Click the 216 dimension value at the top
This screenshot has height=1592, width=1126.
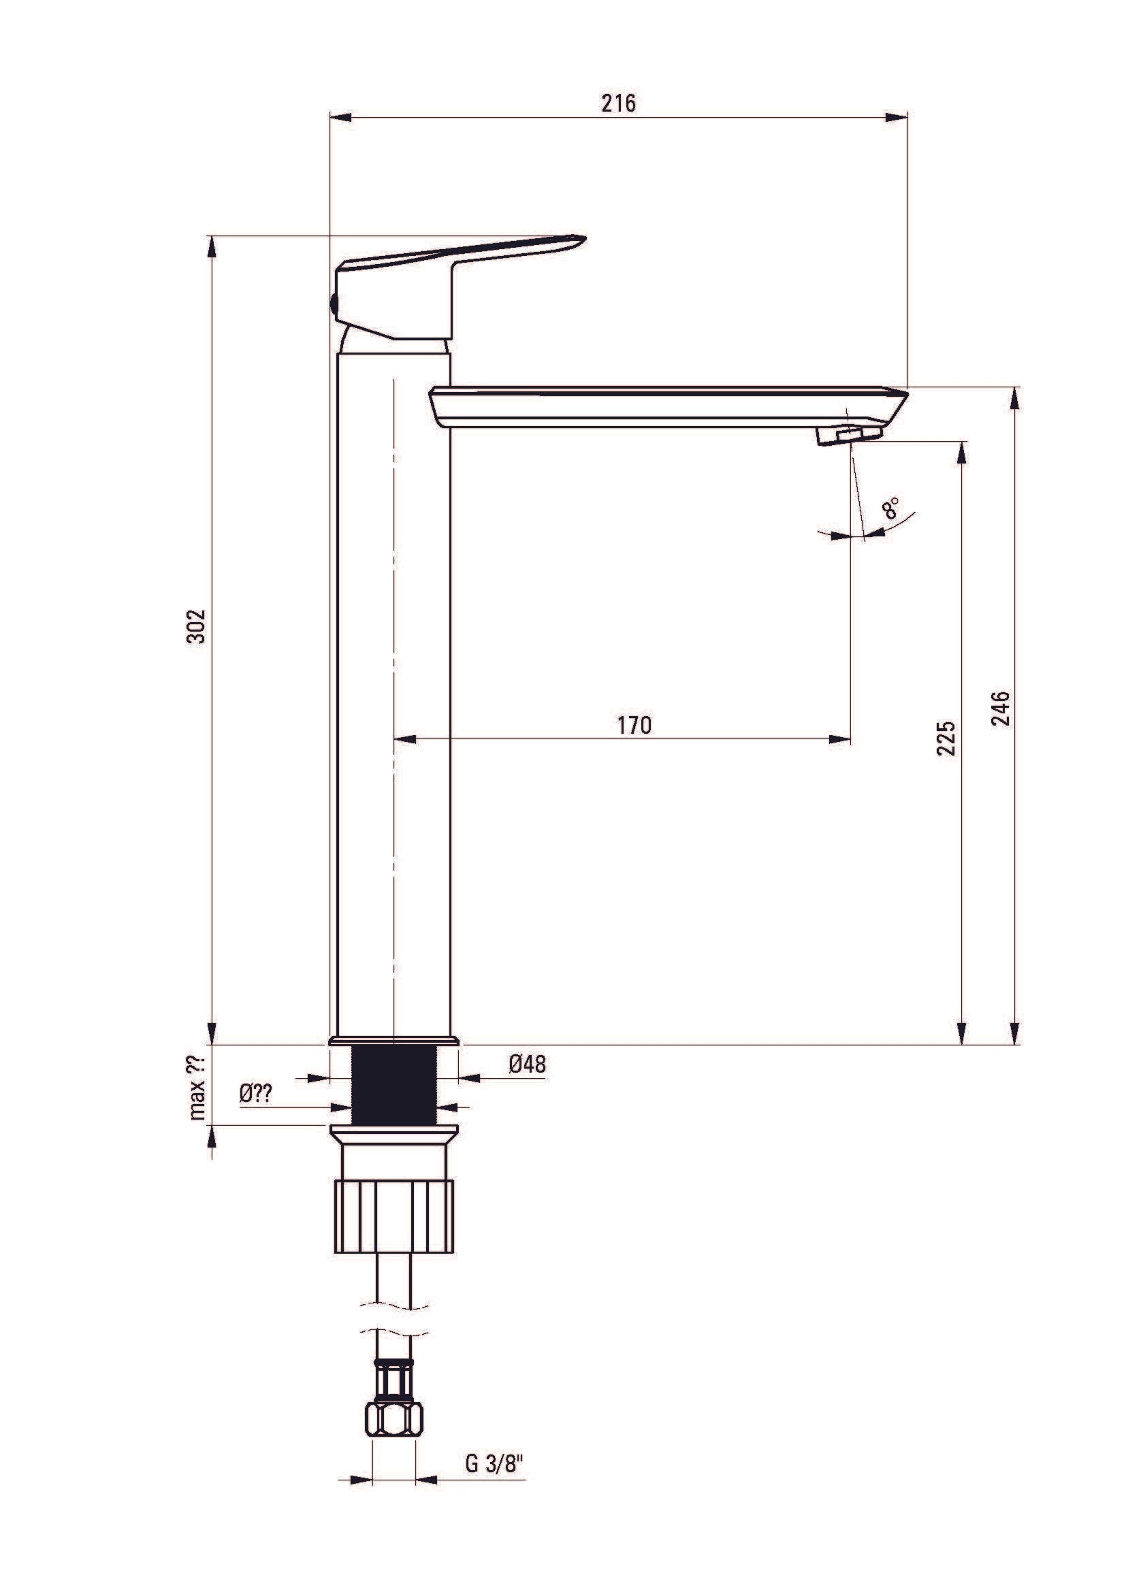click(x=617, y=103)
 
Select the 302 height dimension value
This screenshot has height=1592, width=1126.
click(x=197, y=626)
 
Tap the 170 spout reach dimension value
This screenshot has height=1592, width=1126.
click(x=634, y=725)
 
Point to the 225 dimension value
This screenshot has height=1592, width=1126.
click(x=946, y=738)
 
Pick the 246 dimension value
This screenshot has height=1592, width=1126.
click(x=1001, y=708)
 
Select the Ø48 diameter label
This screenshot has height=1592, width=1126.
click(x=528, y=1064)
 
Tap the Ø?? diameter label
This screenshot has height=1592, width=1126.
click(x=256, y=1094)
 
